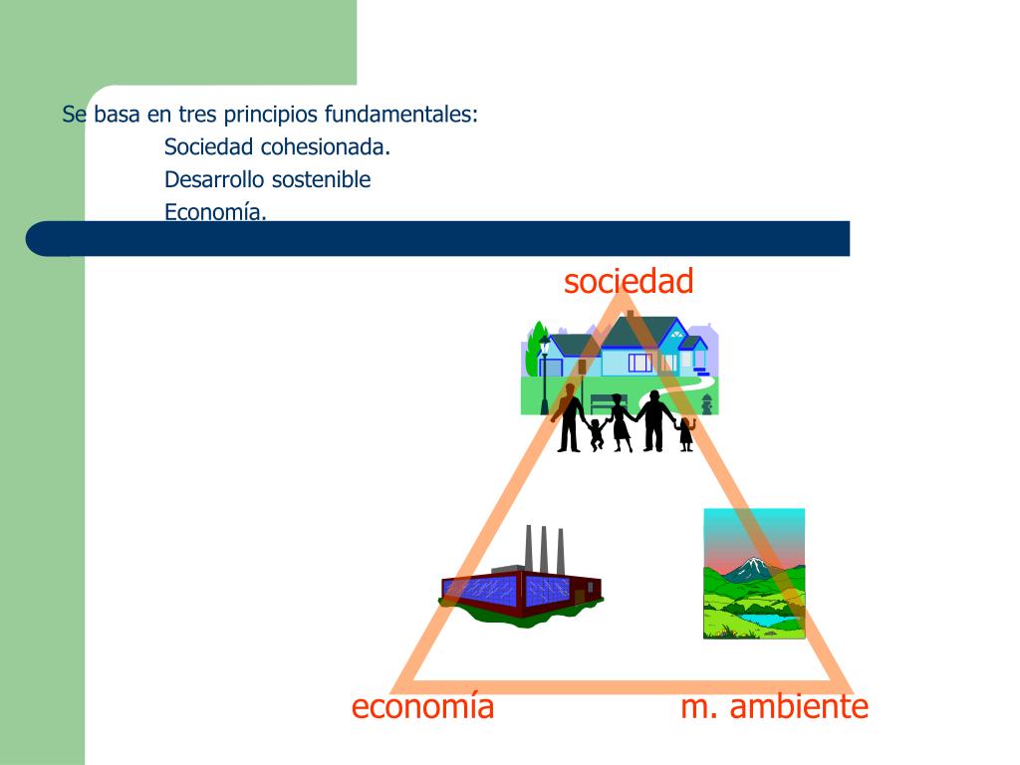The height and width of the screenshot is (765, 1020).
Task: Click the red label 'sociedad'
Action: [x=628, y=282]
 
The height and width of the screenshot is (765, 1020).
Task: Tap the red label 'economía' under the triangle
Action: [x=422, y=707]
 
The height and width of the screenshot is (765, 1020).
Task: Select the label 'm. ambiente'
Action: [x=774, y=707]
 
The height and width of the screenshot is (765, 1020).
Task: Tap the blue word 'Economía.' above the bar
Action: [x=215, y=211]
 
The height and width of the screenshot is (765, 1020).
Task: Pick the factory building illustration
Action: [x=521, y=588]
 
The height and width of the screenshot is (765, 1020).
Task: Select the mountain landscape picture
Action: [x=753, y=574]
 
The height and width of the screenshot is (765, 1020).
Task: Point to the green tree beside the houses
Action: [x=539, y=343]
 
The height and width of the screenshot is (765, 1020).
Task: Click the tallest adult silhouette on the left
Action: [x=570, y=418]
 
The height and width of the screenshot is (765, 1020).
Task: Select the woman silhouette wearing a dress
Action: [x=620, y=422]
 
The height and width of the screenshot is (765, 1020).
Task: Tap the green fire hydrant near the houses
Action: [x=706, y=403]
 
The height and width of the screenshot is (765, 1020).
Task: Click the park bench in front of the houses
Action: [x=604, y=401]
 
